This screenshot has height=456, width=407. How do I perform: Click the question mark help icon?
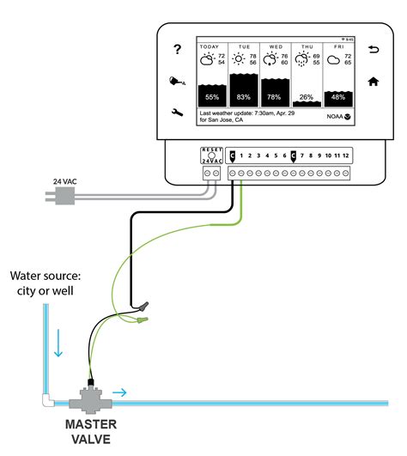[177, 49]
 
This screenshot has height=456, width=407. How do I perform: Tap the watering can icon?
[177, 81]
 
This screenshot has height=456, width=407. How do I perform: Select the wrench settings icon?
[177, 112]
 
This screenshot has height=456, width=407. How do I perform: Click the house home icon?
[374, 82]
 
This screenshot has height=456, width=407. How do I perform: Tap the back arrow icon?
[374, 50]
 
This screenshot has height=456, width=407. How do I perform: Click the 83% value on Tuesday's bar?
[243, 97]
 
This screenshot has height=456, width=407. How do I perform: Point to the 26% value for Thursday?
[307, 97]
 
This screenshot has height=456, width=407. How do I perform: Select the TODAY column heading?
[210, 47]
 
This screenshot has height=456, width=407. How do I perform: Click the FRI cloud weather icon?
[333, 60]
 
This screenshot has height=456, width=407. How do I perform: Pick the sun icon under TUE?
[239, 59]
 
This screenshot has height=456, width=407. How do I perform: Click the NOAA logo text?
[335, 117]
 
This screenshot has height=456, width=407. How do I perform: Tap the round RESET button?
[211, 155]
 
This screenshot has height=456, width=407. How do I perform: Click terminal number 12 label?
[346, 155]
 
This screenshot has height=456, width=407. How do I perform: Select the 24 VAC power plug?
[60, 196]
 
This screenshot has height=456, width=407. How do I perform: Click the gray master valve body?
[90, 399]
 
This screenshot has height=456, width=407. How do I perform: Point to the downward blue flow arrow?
[58, 344]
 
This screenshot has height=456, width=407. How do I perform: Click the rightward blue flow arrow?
[119, 392]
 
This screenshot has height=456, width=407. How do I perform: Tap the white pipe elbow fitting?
[48, 400]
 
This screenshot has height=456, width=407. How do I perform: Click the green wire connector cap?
[143, 320]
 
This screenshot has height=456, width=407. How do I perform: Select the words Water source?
[46, 276]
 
